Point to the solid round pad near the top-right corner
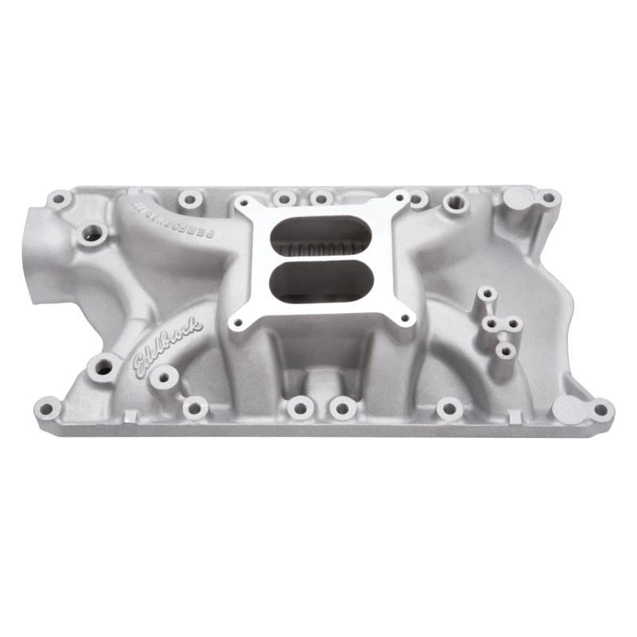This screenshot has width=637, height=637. [x=518, y=197]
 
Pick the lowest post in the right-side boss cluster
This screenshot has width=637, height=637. [x=502, y=350]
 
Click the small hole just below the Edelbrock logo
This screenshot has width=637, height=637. [x=164, y=377]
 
